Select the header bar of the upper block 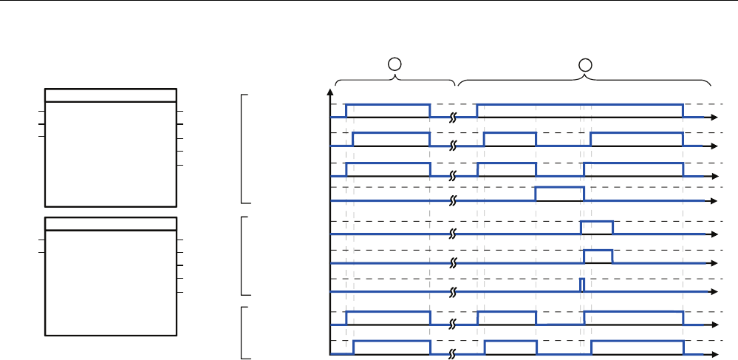(x=111, y=95)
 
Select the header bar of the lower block (x=111, y=224)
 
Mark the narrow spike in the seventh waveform (x=581, y=285)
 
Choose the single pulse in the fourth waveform (x=559, y=194)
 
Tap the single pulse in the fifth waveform (x=597, y=227)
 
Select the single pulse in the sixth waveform (x=598, y=257)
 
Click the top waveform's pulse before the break (x=388, y=110)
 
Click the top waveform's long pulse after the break (x=580, y=110)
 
